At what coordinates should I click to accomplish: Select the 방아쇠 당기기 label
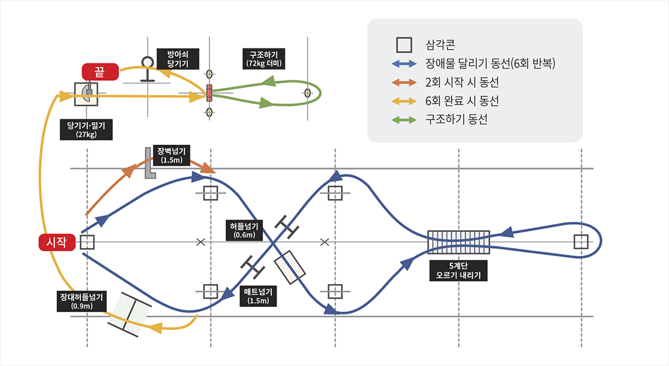[x=179, y=58]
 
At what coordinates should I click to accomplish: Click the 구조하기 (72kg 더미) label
[x=263, y=58]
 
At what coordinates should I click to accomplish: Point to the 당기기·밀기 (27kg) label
[x=87, y=129]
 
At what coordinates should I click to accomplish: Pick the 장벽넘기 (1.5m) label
[x=172, y=155]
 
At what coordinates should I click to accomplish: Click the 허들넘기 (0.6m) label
[x=244, y=230]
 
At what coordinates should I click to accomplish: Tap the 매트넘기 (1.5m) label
[x=258, y=296]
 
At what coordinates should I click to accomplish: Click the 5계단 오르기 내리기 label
[x=459, y=270]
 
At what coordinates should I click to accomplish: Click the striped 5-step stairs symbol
[x=459, y=242]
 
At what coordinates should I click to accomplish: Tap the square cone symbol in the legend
[x=404, y=45]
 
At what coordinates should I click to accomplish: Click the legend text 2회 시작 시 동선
[x=462, y=83]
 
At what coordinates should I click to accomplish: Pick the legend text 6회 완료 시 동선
[x=462, y=101]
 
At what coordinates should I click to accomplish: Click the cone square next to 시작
[x=87, y=242]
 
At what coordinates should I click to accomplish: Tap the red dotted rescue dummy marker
[x=209, y=94]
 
